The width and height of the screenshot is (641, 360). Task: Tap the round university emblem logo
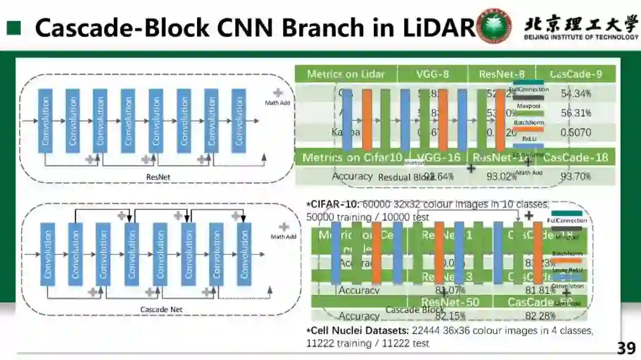click(494, 26)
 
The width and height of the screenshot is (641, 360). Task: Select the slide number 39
click(626, 348)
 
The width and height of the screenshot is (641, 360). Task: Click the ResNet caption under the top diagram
click(158, 177)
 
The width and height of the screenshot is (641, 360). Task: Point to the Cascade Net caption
click(161, 309)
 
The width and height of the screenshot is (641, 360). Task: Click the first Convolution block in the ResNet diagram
click(45, 120)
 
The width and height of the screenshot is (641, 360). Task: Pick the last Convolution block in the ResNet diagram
click(239, 120)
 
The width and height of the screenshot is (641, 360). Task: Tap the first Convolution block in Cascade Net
click(47, 254)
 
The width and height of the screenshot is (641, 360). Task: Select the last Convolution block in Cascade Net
click(244, 254)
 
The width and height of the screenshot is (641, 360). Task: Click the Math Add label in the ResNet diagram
click(277, 103)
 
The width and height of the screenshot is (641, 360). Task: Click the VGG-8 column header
click(432, 75)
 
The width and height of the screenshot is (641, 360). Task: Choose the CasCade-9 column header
click(576, 75)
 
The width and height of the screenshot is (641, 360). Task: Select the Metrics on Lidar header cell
click(345, 75)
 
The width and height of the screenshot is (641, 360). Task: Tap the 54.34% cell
click(576, 94)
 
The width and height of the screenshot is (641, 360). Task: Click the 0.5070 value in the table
click(576, 132)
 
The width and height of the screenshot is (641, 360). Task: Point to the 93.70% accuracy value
click(576, 177)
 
